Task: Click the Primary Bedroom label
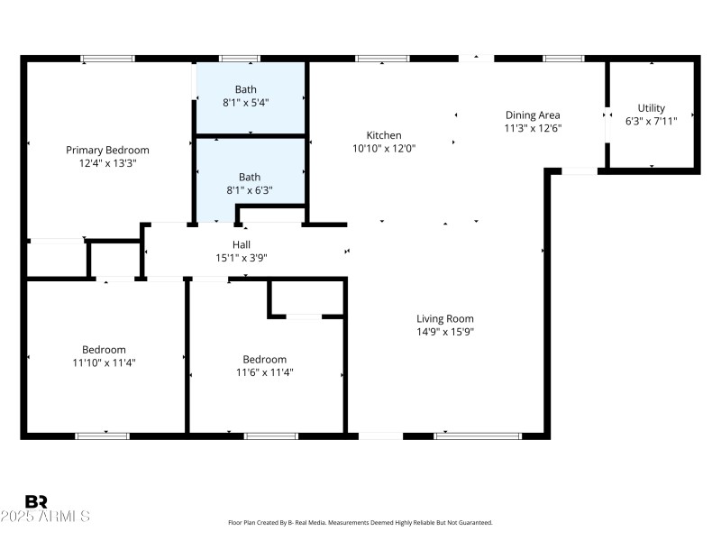point(107,150)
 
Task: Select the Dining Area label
point(533,115)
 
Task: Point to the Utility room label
point(652,108)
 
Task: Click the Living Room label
point(444,318)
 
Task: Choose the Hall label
point(242,244)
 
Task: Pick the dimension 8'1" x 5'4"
point(246,103)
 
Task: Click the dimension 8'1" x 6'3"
point(250,190)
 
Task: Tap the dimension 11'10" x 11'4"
point(104,362)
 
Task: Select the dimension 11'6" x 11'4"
point(265,371)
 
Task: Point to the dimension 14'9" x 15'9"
point(444,332)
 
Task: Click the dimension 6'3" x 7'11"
point(652,121)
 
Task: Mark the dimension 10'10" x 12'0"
point(384,148)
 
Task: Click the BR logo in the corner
point(36,501)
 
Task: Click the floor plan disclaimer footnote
point(360,522)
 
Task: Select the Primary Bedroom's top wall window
point(108,59)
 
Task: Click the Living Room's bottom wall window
point(478,436)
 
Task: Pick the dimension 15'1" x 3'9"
point(242,258)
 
